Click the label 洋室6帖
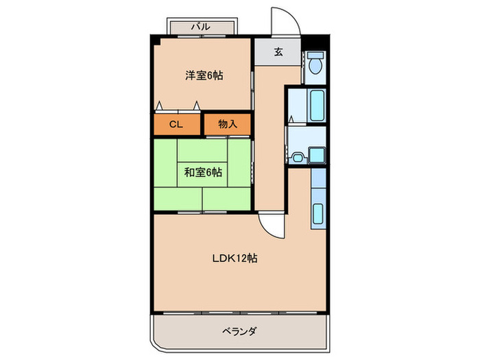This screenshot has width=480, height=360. pos(204,75)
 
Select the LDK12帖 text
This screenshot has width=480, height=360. pos(235,259)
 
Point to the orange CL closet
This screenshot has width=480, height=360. pos(176,124)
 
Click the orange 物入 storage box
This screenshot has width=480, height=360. pos(228,124)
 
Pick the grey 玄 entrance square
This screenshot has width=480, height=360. pos(278,52)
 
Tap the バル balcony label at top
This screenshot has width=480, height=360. pos(200,27)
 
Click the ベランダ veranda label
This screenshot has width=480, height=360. pos(240,331)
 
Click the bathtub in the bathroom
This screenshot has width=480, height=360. pos(316,106)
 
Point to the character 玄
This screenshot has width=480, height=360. pos(278,51)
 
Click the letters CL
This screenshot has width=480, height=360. pos(176,124)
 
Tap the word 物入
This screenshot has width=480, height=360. pos(228,124)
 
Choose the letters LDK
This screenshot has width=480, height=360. pos(222,259)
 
